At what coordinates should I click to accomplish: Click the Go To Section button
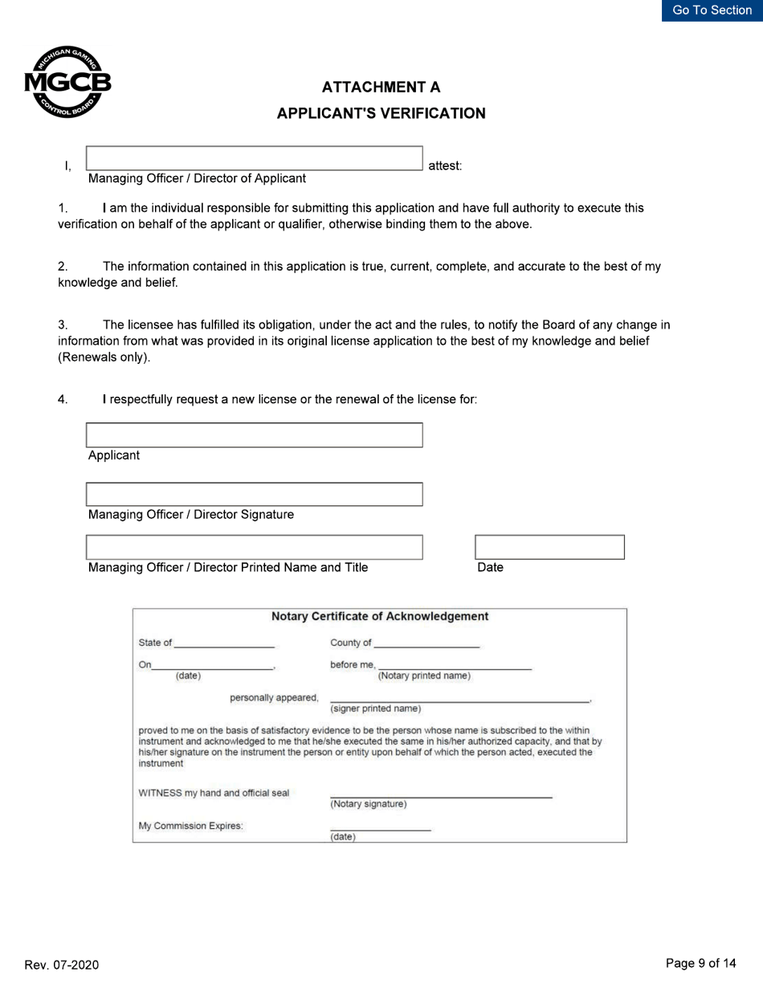tap(712, 10)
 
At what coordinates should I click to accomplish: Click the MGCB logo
tap(67, 82)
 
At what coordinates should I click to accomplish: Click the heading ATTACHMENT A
tap(381, 87)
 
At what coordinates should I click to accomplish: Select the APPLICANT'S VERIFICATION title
tap(381, 113)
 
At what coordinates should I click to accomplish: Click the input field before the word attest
tap(254, 158)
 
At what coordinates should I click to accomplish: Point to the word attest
tap(445, 166)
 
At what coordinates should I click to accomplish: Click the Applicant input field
tap(254, 435)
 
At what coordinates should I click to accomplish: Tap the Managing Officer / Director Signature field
tap(254, 494)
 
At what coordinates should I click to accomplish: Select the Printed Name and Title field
tap(254, 547)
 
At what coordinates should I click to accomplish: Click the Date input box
tap(549, 547)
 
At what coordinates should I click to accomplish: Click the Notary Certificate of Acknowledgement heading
tap(380, 617)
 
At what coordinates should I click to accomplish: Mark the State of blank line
tap(224, 643)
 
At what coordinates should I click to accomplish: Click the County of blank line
tap(426, 643)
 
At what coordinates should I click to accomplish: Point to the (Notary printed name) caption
tap(424, 676)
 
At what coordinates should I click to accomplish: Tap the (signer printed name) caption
tap(375, 708)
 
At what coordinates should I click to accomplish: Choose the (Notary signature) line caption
tap(369, 804)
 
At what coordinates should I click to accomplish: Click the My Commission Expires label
tap(190, 826)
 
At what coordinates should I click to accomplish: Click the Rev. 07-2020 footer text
tap(62, 965)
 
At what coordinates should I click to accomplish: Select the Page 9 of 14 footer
tap(700, 963)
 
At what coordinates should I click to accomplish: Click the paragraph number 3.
tap(63, 325)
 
